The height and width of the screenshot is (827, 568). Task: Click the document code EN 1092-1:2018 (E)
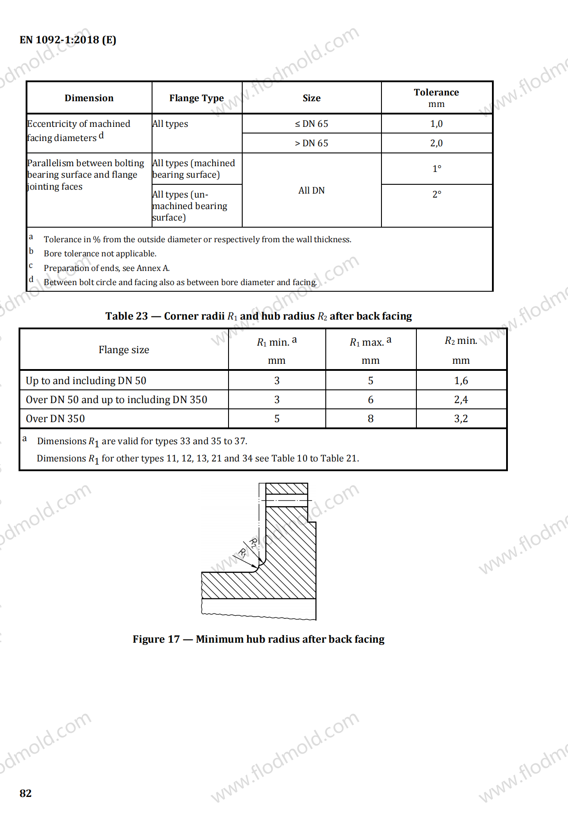click(x=68, y=40)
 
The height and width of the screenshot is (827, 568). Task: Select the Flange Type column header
click(x=196, y=98)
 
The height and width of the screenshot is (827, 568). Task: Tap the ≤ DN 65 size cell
click(x=312, y=124)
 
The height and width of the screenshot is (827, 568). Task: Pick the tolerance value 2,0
click(x=436, y=143)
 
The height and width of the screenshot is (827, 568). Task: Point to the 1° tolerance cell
click(x=437, y=169)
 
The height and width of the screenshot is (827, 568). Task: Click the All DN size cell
click(x=312, y=191)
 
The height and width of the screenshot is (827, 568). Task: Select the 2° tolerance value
click(x=437, y=194)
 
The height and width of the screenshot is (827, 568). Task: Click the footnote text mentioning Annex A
click(x=107, y=268)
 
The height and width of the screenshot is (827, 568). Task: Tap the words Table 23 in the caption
click(x=126, y=316)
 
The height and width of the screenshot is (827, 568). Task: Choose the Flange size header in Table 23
click(x=124, y=350)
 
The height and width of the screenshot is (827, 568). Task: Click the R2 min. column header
click(x=461, y=341)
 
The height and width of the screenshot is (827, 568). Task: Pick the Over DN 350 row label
click(x=55, y=419)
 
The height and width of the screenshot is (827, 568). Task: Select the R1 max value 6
click(x=370, y=400)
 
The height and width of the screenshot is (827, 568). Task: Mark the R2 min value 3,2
click(x=461, y=419)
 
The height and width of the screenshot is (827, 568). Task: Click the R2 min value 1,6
click(x=461, y=381)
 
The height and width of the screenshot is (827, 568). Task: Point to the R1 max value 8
click(x=370, y=419)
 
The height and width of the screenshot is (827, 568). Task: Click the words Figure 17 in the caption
click(x=156, y=639)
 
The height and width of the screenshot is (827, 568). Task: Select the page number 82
click(x=26, y=793)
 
